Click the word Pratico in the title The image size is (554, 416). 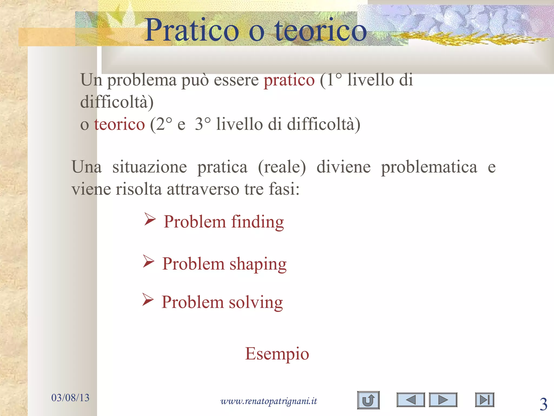point(192,30)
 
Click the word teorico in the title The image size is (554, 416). point(321,30)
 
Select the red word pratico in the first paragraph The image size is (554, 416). point(289,80)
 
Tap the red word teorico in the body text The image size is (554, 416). point(119,124)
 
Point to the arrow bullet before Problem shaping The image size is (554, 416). point(149,262)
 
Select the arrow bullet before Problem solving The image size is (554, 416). point(148,300)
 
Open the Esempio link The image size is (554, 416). point(277,353)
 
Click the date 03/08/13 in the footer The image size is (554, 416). point(70,398)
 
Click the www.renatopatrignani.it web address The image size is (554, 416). point(269,401)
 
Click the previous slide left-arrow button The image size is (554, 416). point(411,400)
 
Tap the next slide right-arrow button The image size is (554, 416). point(443,400)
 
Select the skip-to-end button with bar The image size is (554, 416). point(484,400)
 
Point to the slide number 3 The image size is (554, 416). point(543,404)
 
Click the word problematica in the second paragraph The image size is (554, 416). point(429,167)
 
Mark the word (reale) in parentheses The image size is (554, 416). point(282,167)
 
